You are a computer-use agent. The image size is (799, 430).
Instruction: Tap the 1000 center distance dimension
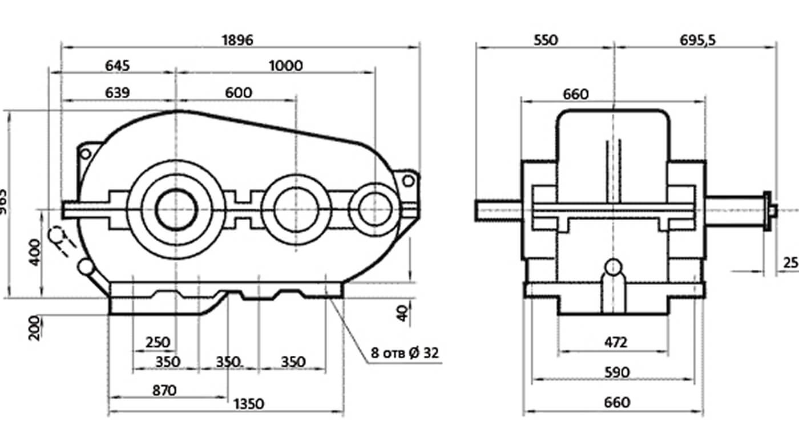[285, 66]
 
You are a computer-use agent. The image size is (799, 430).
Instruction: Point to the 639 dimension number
[117, 92]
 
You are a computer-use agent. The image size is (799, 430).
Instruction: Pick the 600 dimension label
[238, 92]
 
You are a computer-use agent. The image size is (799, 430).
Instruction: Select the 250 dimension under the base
[158, 342]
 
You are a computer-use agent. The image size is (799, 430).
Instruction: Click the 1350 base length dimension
[249, 404]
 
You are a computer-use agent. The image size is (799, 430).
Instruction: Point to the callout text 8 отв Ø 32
[405, 352]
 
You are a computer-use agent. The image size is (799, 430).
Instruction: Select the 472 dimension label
[615, 342]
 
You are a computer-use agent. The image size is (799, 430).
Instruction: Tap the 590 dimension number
[616, 372]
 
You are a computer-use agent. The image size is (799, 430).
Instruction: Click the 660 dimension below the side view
[616, 402]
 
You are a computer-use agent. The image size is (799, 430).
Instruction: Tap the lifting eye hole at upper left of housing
[85, 153]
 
